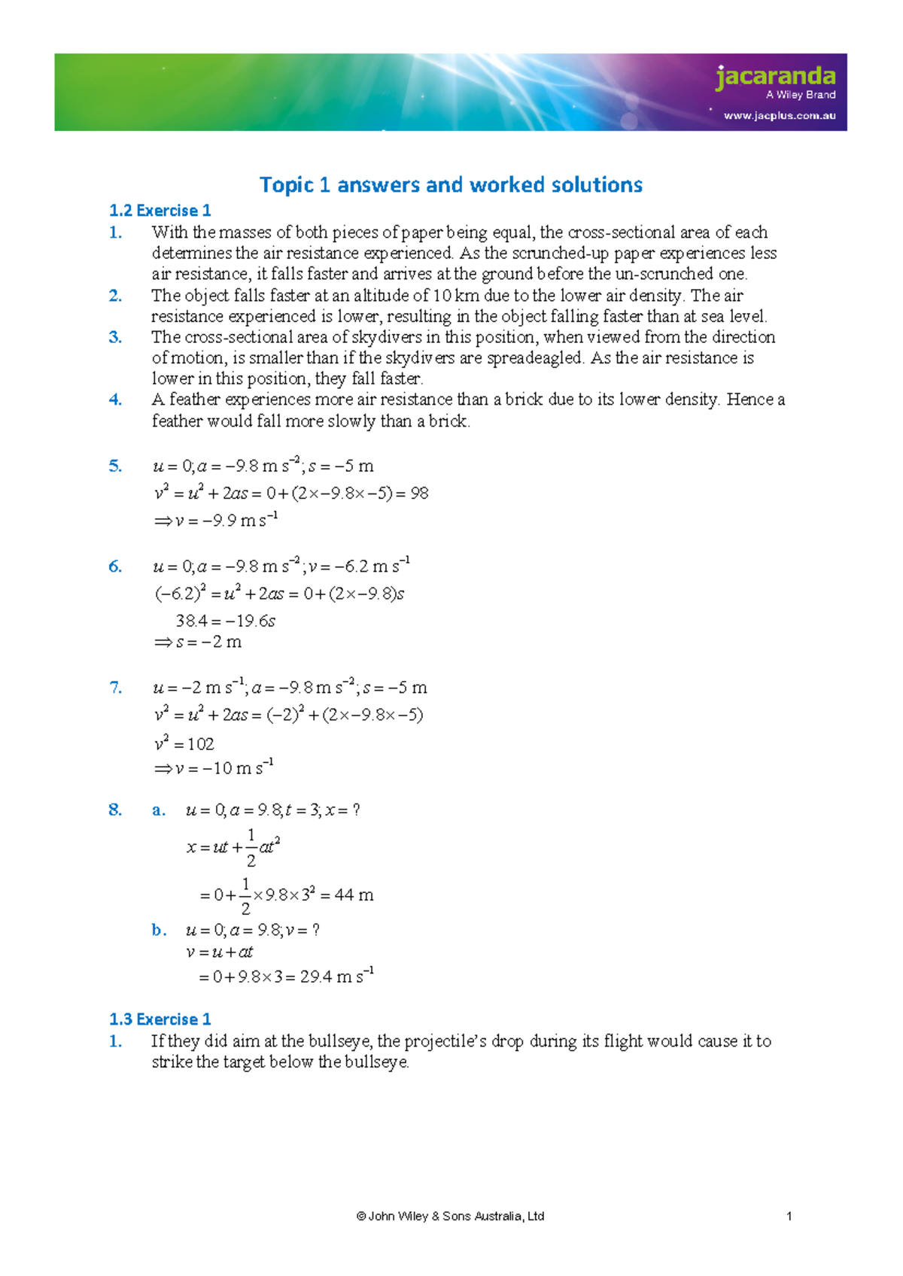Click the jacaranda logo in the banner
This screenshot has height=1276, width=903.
pyautogui.click(x=775, y=77)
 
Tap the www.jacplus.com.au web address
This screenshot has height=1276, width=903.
pyautogui.click(x=780, y=116)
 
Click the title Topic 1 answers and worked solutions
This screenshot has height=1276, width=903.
pyautogui.click(x=451, y=185)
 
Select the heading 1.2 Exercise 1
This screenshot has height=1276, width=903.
pyautogui.click(x=160, y=211)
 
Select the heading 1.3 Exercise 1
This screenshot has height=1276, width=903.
pyautogui.click(x=160, y=1019)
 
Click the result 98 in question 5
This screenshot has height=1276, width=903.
pyautogui.click(x=419, y=494)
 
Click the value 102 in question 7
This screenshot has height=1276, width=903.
pyautogui.click(x=200, y=745)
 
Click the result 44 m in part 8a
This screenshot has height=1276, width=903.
pyautogui.click(x=354, y=895)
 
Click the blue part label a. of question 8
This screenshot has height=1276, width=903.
pyautogui.click(x=158, y=810)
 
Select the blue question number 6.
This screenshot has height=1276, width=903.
pyautogui.click(x=114, y=567)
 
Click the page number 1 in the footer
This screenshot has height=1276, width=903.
pyautogui.click(x=789, y=1217)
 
